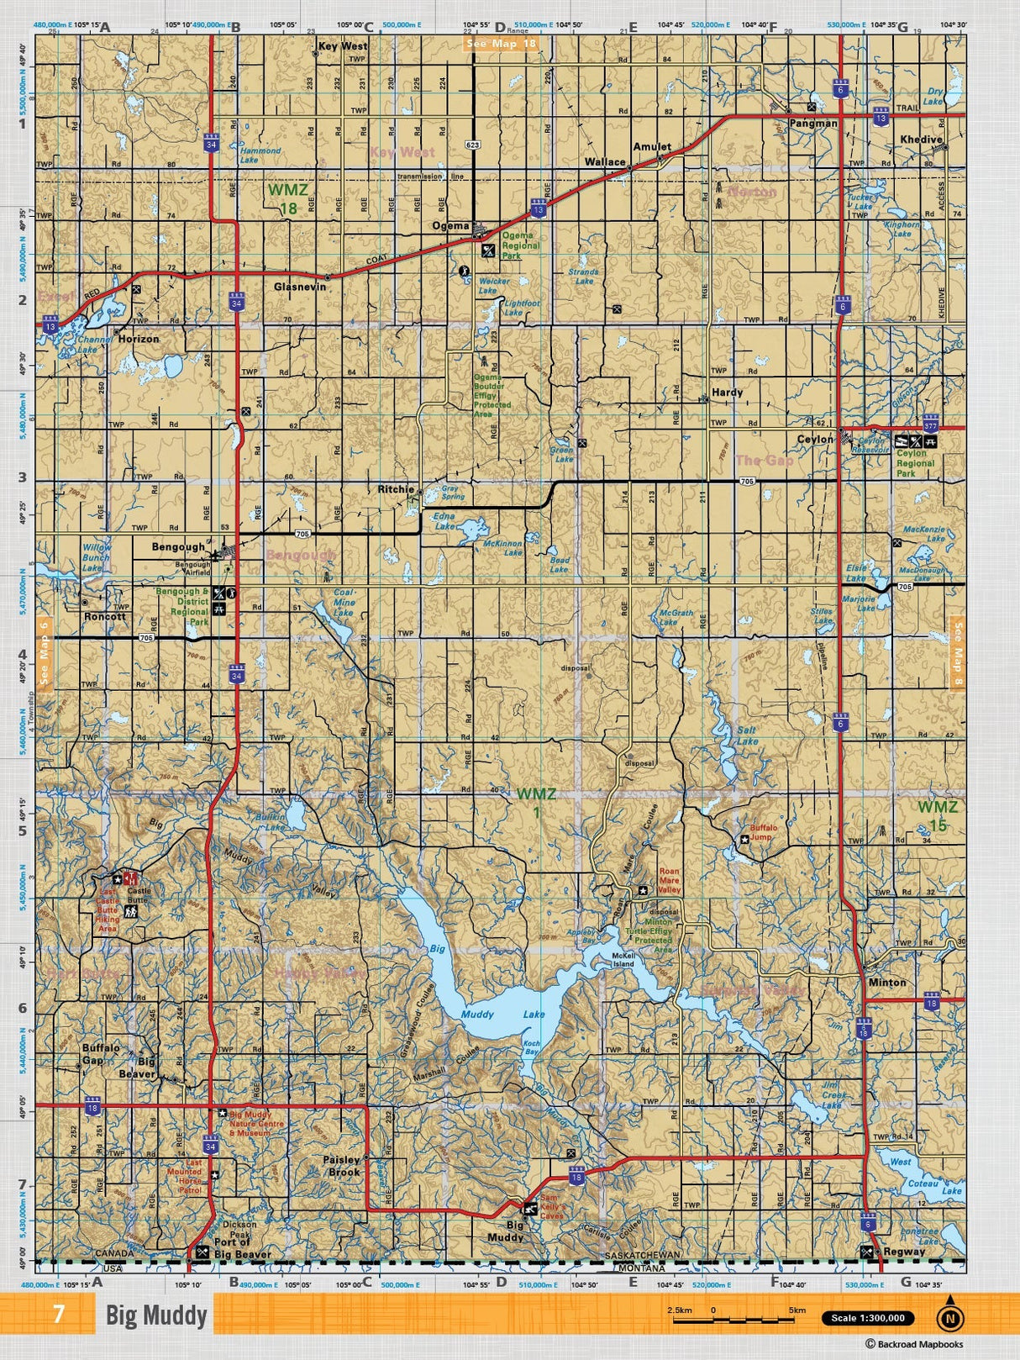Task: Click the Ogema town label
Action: point(450,226)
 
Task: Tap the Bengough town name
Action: point(178,547)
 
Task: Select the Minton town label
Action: point(887,982)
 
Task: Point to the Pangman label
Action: point(813,123)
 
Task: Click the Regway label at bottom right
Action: point(904,1252)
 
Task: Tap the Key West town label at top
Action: point(342,46)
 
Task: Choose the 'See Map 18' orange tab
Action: point(501,43)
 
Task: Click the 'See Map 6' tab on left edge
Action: point(45,653)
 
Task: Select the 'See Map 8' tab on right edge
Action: point(956,653)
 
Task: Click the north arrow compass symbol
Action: point(950,1317)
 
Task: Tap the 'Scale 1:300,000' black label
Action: point(868,1318)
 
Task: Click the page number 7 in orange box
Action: point(58,1315)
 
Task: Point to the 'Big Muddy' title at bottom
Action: point(156,1315)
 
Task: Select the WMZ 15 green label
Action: point(937,815)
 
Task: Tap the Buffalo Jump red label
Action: point(763,831)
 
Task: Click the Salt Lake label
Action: point(746,735)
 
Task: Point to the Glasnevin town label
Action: point(299,287)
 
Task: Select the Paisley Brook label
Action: point(344,1165)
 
